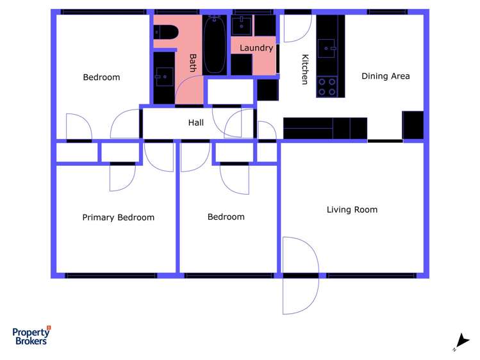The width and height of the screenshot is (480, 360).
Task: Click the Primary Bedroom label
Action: (118, 218)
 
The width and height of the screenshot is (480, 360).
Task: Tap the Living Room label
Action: (352, 209)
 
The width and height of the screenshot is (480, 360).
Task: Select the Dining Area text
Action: (385, 76)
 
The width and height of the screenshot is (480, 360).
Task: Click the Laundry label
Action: (256, 48)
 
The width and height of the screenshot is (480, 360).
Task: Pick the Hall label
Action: (196, 122)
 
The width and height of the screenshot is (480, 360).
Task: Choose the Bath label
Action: (192, 62)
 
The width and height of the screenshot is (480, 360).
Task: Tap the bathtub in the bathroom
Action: (215, 44)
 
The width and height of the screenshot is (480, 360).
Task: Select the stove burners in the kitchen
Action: (327, 86)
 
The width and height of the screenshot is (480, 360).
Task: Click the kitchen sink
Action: (328, 47)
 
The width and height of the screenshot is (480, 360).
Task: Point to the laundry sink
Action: (242, 26)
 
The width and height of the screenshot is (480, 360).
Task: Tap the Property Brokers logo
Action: (31, 335)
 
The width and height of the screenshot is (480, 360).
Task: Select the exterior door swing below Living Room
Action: (300, 275)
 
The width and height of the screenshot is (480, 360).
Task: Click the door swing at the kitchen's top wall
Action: (294, 28)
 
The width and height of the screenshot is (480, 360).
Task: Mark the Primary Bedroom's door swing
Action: (122, 177)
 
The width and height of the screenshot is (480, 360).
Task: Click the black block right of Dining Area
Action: (413, 125)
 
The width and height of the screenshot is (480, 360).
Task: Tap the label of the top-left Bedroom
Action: (101, 78)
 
